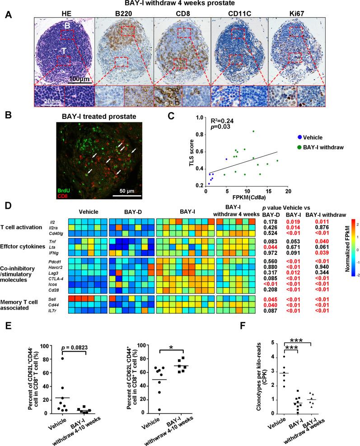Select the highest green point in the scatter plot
[x=254, y=131]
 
